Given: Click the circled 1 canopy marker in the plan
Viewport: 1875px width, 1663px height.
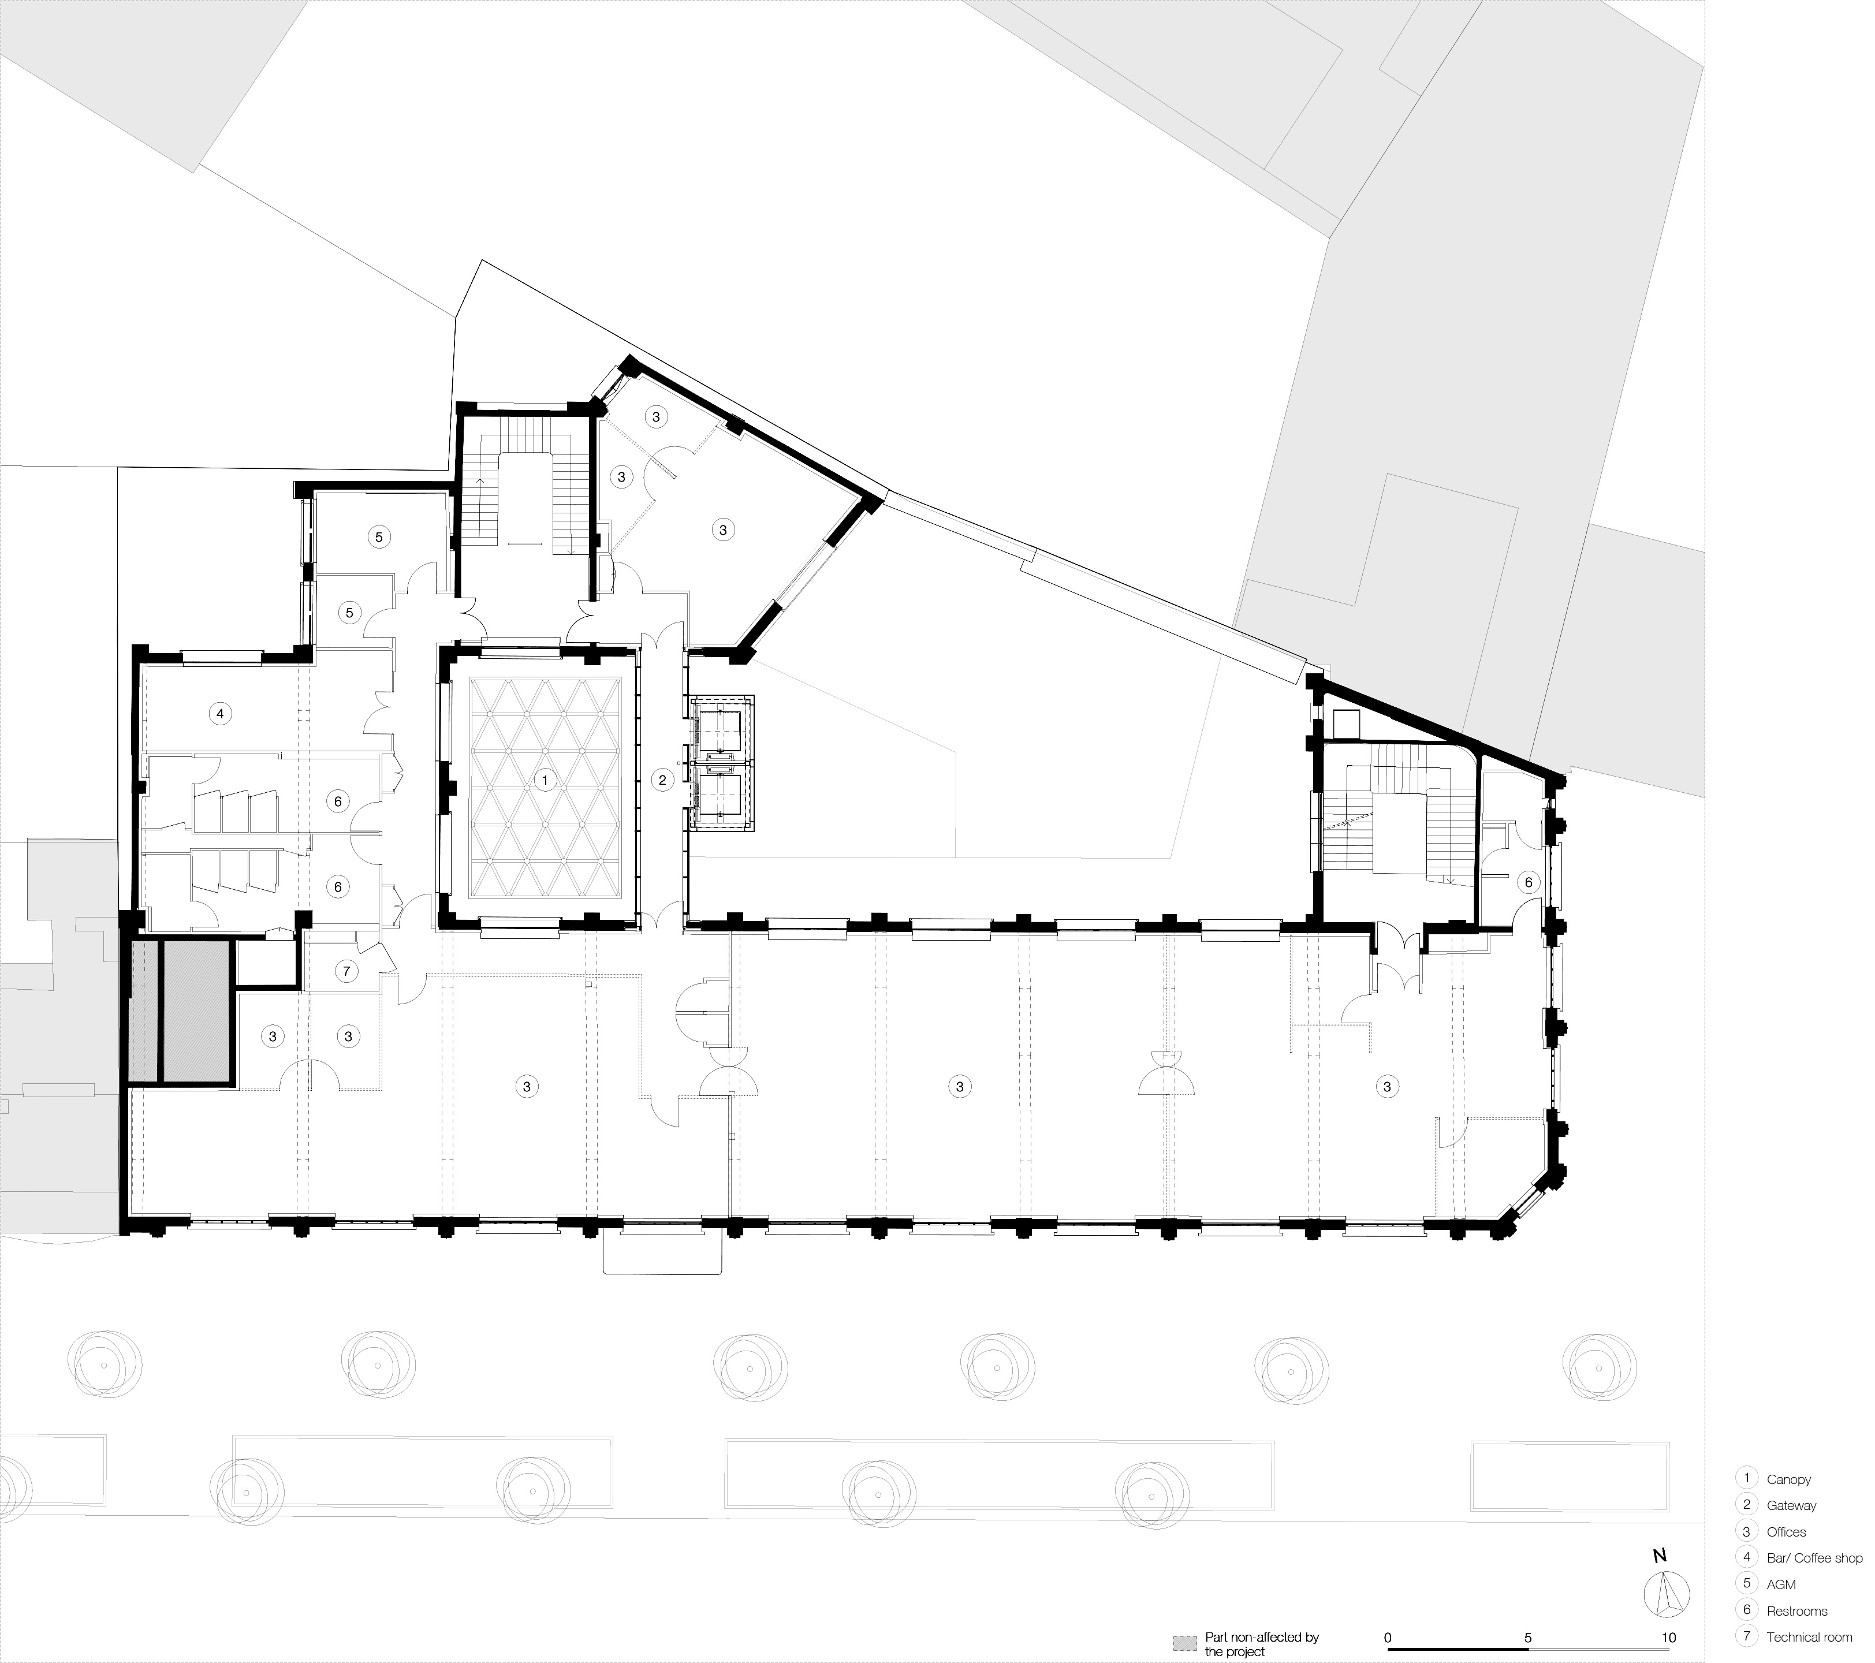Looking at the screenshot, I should coord(545,781).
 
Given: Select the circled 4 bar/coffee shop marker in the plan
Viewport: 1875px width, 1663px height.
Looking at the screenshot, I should coord(219,713).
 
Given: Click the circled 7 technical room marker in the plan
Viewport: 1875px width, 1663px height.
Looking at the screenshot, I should coord(346,971).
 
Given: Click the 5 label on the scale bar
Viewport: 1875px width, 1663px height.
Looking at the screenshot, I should coord(1527,1638).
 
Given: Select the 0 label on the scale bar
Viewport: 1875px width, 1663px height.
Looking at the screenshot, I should coord(1388,1638).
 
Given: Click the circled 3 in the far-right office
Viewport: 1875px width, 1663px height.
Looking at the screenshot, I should coord(1387,1087).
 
